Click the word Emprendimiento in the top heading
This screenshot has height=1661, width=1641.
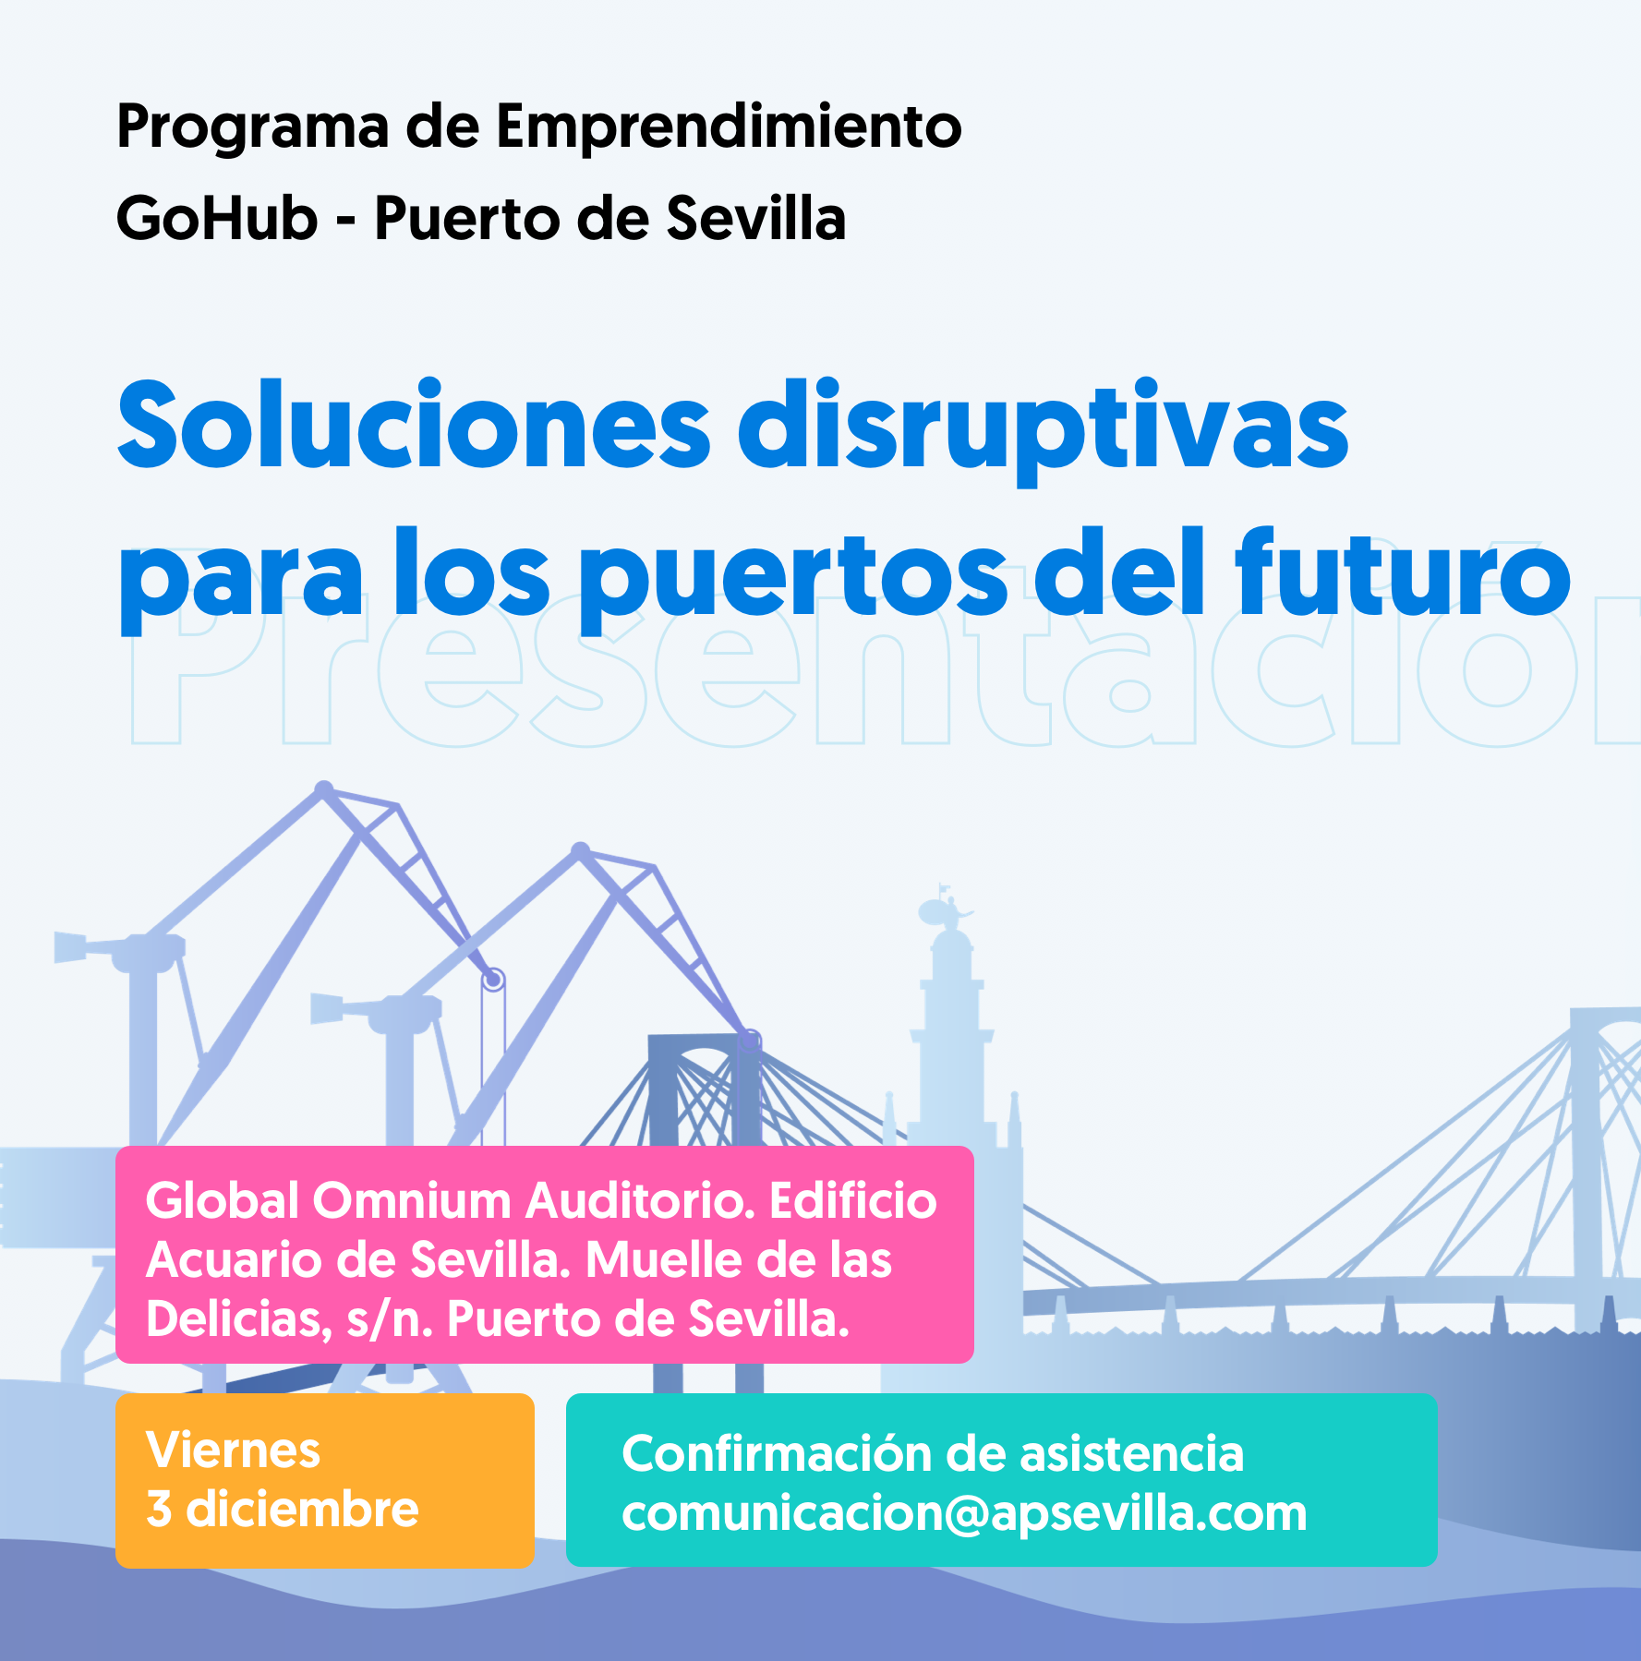[729, 126]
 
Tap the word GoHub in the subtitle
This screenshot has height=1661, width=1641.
[217, 219]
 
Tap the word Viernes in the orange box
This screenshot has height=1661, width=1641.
[233, 1450]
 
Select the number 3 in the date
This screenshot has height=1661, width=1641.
[159, 1510]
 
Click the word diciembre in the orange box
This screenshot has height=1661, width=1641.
[302, 1510]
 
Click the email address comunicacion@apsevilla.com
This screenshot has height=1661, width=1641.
[964, 1513]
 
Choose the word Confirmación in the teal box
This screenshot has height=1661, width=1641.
[777, 1453]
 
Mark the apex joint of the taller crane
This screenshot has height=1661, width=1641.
[324, 789]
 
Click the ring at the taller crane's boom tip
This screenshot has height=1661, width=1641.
[493, 979]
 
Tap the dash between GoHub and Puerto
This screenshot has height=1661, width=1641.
[346, 222]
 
